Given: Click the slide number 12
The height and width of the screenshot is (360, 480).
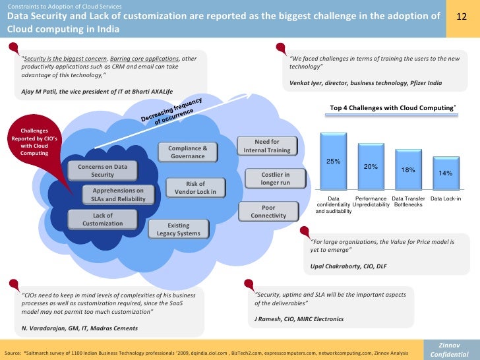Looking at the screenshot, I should pos(462,15).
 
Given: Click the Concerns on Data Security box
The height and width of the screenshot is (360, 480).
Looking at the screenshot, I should pos(102,171).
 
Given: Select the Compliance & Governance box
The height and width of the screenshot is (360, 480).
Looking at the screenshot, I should pos(188,152).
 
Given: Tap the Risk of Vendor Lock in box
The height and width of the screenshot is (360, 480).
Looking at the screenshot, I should pos(195,188).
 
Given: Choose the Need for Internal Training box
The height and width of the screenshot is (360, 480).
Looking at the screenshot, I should pos(266,146).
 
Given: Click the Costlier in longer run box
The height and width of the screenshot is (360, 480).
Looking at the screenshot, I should pos(266,178).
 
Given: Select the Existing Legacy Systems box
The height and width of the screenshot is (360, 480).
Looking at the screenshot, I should pos(178,229).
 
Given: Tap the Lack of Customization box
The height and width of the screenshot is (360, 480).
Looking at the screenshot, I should pos(102,220).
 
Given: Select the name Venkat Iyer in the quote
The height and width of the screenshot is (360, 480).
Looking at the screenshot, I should pos(306,83).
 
